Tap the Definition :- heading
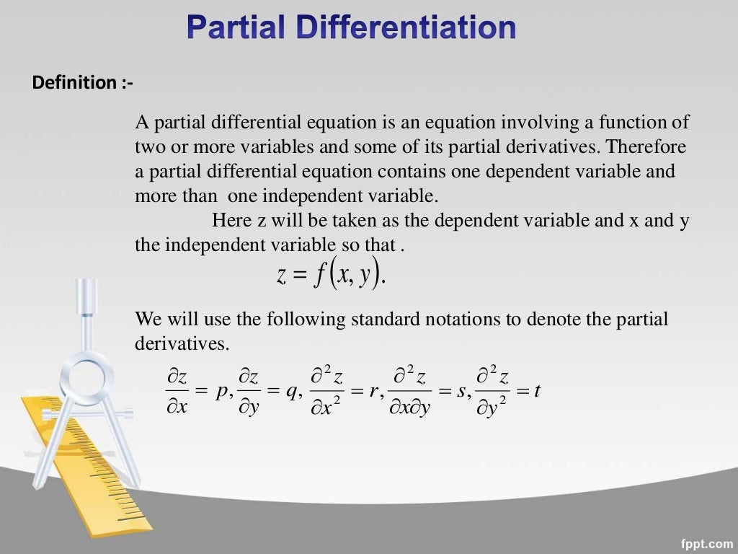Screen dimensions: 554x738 82,83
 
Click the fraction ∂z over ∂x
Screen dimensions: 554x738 177,391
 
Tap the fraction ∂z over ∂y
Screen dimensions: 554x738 249,391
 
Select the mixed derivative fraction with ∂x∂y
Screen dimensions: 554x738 411,391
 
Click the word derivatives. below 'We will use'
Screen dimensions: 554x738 182,343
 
